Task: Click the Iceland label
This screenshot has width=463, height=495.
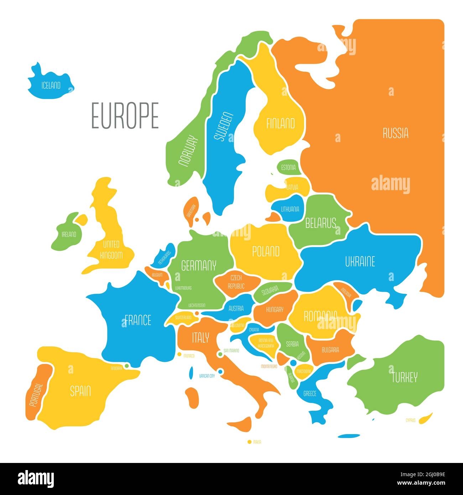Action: coord(51,85)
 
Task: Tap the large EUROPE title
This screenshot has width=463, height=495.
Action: coord(125,116)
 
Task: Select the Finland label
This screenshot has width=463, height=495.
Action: coord(281,124)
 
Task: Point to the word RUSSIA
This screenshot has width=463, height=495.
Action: coord(395,134)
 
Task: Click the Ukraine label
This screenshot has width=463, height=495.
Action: coord(360,262)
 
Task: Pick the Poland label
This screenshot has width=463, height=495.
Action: coord(266,252)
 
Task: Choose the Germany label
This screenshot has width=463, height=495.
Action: coord(199,265)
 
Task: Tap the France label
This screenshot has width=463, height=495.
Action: coord(137,320)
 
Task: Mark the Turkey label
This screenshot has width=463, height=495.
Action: coord(404,377)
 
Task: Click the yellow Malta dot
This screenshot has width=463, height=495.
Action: coord(249,442)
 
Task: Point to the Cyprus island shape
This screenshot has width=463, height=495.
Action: coord(425,418)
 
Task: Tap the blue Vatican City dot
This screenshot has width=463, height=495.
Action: coord(220,372)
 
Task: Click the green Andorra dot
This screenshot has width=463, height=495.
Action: coord(126,365)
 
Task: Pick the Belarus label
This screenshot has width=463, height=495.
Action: coord(321,223)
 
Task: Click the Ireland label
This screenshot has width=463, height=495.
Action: coord(69,234)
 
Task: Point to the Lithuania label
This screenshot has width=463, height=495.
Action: coord(290,209)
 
